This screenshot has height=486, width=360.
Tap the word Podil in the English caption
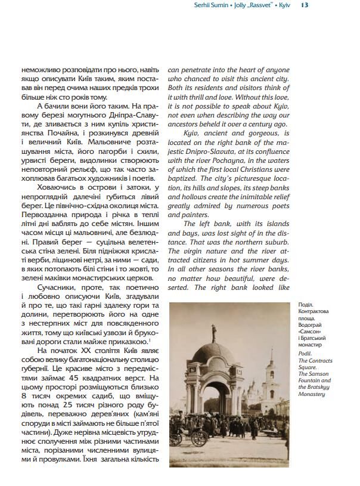[x=305, y=353]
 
